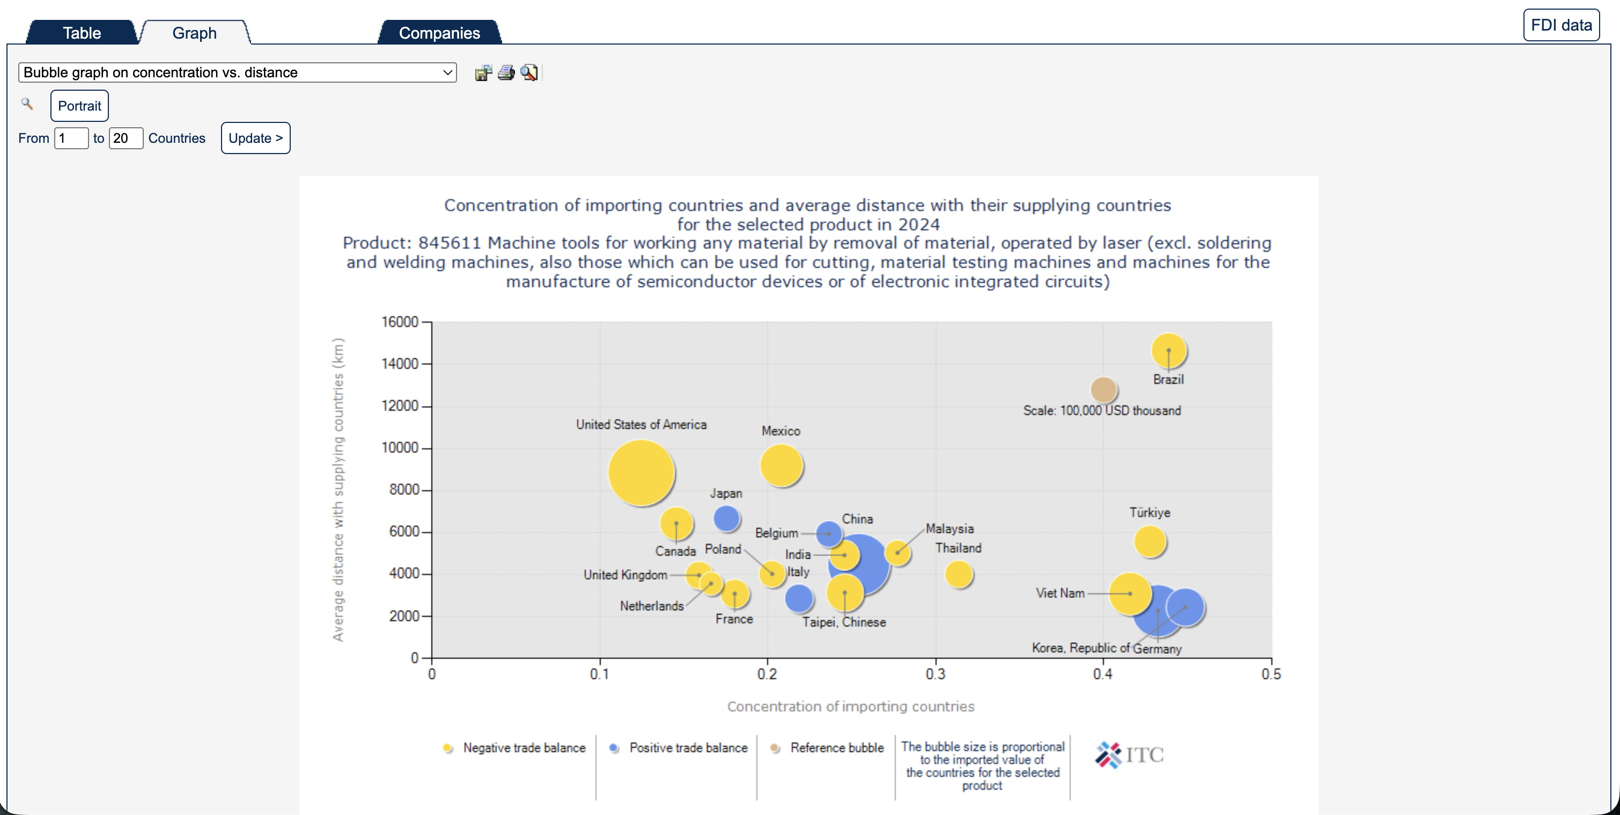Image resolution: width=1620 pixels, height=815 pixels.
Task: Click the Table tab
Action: (82, 33)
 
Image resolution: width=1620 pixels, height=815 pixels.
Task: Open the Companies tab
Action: (439, 33)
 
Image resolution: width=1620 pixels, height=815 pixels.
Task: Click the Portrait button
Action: (79, 106)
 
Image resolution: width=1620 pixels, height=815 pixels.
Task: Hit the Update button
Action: (255, 138)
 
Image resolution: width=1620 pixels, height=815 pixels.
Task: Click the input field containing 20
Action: (126, 138)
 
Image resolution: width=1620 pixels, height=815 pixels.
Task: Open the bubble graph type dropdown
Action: (237, 72)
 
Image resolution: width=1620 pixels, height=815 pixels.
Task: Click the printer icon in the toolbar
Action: (506, 73)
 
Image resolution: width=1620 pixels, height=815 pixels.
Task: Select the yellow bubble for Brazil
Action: (1168, 350)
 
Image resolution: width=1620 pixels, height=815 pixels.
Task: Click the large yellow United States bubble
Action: (641, 472)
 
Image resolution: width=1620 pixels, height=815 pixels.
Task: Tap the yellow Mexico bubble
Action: (781, 465)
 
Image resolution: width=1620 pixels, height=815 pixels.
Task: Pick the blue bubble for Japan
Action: (726, 519)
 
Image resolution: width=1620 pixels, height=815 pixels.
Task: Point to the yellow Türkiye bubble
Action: (1150, 541)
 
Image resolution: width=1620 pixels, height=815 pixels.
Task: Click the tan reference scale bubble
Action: (1103, 390)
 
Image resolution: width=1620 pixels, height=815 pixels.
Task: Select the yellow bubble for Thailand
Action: (959, 574)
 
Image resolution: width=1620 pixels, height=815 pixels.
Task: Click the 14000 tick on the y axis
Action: (400, 364)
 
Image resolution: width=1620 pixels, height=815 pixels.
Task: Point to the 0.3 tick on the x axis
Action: (935, 674)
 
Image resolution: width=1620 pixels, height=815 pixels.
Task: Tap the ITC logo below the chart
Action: (1130, 754)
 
